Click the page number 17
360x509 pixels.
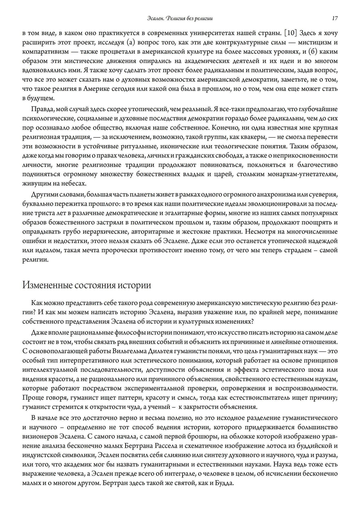[334, 18]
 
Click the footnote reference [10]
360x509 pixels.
[291, 33]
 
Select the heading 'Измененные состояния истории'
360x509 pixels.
[87, 285]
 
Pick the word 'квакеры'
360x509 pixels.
[253, 137]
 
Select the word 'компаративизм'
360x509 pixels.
[45, 52]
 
